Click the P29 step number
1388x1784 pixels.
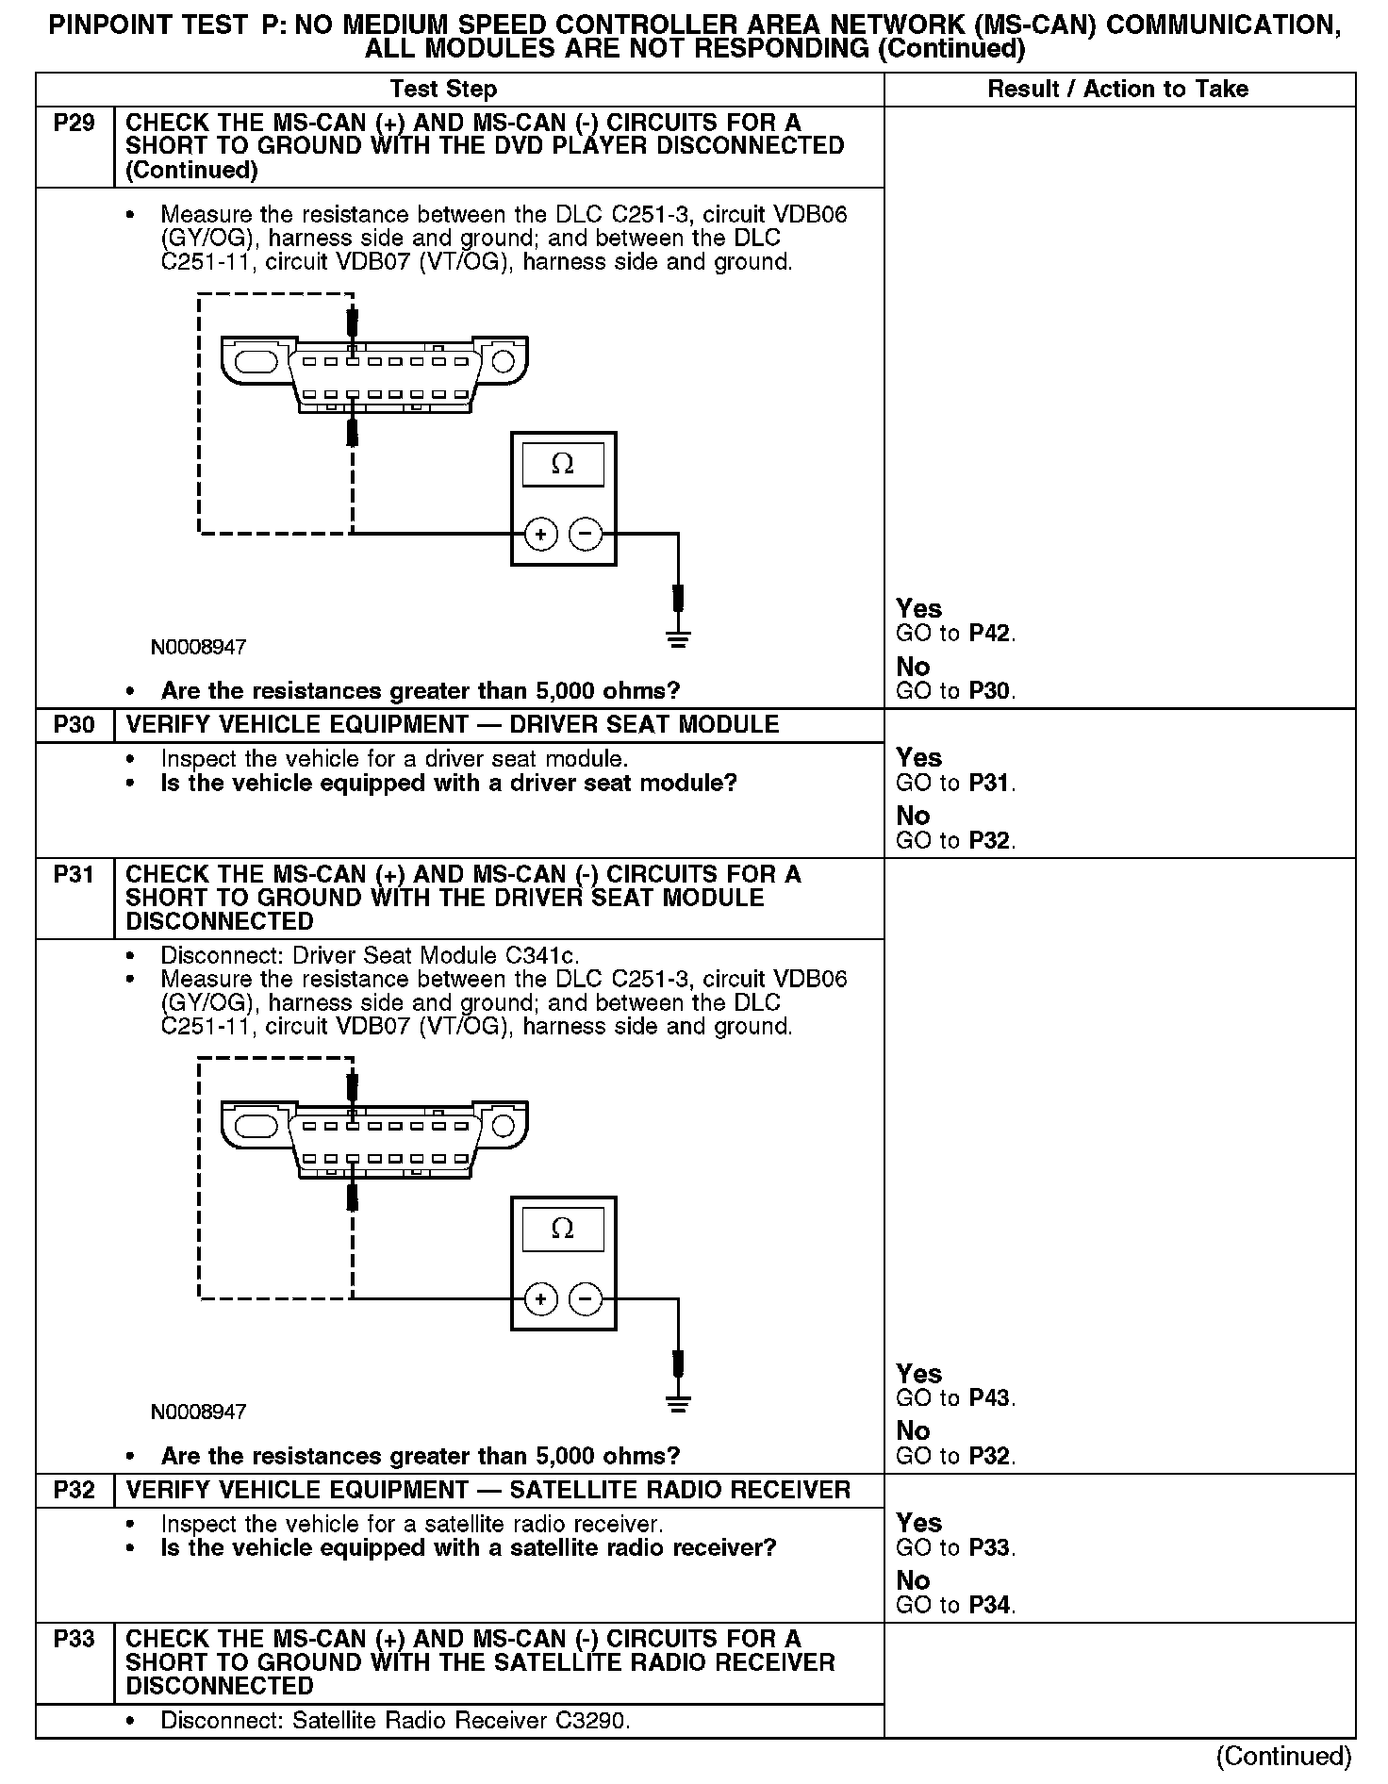[x=74, y=123]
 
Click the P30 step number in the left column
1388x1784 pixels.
[x=74, y=725]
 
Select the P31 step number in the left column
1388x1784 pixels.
[x=74, y=874]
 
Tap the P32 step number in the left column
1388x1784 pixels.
[x=74, y=1490]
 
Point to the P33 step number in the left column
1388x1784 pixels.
[x=74, y=1639]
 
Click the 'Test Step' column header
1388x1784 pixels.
[x=443, y=90]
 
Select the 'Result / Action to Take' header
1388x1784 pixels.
[x=1117, y=90]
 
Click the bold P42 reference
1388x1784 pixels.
[x=990, y=634]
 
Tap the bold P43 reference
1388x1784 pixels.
[x=990, y=1398]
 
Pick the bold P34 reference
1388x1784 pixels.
[x=990, y=1606]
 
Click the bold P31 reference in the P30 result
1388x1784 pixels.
[x=990, y=784]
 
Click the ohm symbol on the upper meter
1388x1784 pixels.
[x=563, y=464]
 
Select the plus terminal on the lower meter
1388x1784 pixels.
[x=540, y=1300]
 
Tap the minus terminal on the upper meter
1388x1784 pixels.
[x=587, y=535]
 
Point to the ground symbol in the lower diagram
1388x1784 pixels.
[x=678, y=1402]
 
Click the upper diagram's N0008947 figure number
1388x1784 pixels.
[x=198, y=648]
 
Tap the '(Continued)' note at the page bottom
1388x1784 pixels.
[x=1283, y=1757]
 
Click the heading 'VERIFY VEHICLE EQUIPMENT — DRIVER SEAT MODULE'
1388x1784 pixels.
[x=453, y=725]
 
